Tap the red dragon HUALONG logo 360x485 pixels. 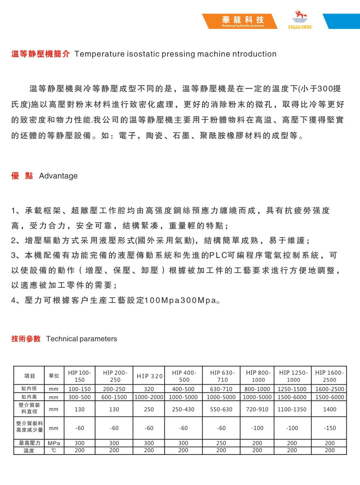click(300, 20)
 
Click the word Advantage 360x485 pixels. click(58, 176)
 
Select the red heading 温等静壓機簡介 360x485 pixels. click(40, 54)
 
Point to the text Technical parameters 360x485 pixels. click(82, 339)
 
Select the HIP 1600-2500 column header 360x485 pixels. click(329, 376)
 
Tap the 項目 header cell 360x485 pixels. click(29, 376)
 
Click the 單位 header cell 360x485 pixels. click(54, 376)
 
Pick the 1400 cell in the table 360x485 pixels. click(329, 409)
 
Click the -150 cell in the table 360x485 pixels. click(329, 428)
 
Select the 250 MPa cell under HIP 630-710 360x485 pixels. click(221, 443)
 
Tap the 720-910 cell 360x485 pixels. click(257, 409)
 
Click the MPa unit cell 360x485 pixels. click(54, 443)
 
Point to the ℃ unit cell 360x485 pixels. click(54, 451)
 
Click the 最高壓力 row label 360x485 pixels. click(29, 443)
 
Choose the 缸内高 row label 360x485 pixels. click(29, 397)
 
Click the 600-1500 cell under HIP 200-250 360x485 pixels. click(114, 397)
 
